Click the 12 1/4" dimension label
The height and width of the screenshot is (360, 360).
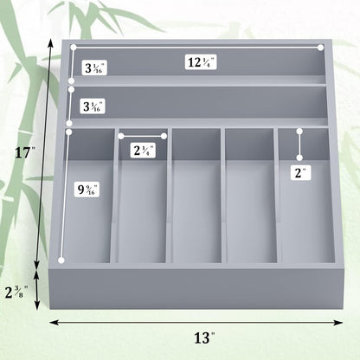tap(201, 61)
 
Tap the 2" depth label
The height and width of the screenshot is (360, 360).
tap(300, 172)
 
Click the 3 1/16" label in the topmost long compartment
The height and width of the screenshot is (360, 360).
tap(94, 67)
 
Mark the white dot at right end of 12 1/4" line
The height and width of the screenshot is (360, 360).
tap(321, 47)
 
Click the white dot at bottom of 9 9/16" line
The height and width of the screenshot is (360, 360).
tap(61, 259)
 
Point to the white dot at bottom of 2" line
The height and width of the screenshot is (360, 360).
tap(299, 158)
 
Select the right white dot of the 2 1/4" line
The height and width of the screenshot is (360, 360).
tap(165, 135)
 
